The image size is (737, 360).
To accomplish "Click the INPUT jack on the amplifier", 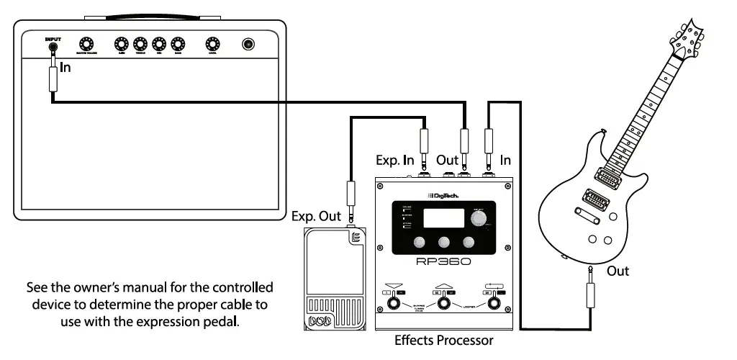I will coord(53,48).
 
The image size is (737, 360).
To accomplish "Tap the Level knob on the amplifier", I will coord(212,45).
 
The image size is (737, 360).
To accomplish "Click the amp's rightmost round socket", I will coord(248,45).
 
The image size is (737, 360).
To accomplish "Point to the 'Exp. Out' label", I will coord(316,215).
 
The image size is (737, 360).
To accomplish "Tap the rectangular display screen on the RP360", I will coord(441,219).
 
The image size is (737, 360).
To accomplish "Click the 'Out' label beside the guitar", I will coord(618,271).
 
